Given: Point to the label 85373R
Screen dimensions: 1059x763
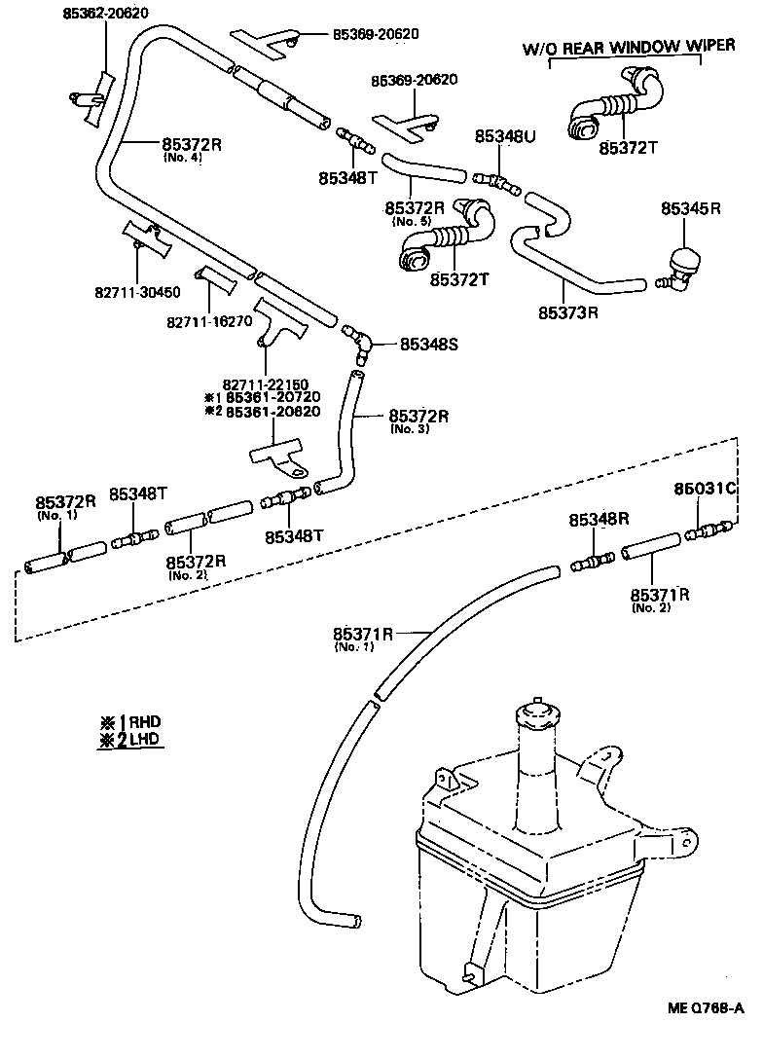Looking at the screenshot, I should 567,313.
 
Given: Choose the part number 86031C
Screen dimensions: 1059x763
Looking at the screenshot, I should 707,489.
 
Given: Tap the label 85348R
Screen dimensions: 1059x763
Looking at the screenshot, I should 599,520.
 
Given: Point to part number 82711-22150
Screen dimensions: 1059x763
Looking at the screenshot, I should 266,383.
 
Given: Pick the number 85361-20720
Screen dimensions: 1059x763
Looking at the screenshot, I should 275,397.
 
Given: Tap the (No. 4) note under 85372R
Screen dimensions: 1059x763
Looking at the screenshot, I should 182,158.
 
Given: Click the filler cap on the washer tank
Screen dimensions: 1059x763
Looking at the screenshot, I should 532,712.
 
